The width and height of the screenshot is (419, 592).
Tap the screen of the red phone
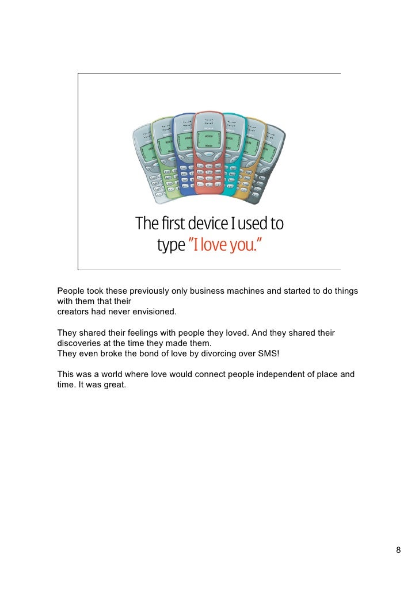click(208, 137)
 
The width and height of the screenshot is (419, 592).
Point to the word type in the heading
click(171, 247)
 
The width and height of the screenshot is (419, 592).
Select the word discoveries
click(81, 343)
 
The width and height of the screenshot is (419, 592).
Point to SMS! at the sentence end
click(266, 353)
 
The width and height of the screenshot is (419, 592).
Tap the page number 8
click(398, 551)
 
